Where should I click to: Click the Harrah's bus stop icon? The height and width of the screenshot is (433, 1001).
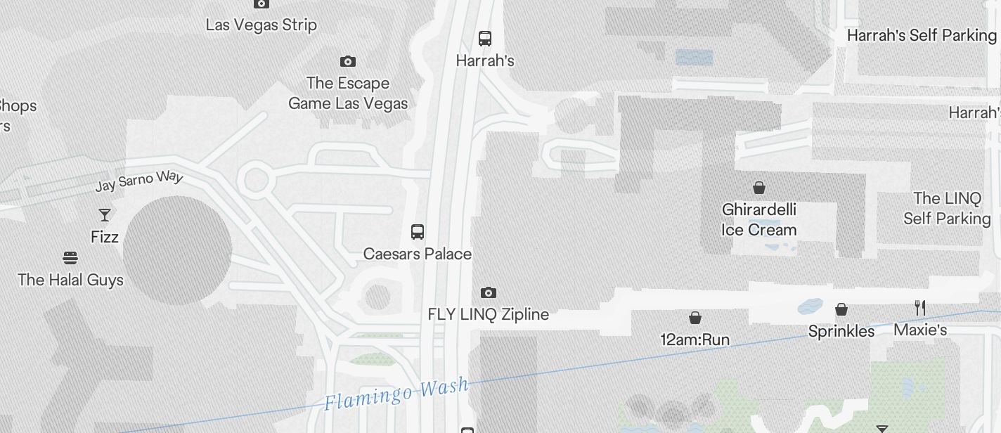[485, 39]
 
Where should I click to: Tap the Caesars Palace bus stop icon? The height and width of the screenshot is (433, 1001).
[418, 231]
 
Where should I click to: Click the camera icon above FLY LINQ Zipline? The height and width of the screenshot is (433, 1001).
[489, 292]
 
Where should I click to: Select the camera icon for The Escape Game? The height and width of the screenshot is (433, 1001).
[347, 62]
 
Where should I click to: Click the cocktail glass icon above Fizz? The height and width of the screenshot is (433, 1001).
[105, 215]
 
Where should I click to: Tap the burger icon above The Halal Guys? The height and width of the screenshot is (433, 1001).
[70, 258]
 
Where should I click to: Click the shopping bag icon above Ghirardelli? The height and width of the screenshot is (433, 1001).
[759, 188]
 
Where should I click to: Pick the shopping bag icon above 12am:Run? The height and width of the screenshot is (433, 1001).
[695, 318]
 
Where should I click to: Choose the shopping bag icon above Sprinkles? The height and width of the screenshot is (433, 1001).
[841, 309]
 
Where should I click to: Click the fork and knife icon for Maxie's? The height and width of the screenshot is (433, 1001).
[920, 308]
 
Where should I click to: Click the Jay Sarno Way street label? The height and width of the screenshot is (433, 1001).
[138, 181]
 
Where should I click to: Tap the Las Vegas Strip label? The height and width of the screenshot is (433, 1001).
[261, 25]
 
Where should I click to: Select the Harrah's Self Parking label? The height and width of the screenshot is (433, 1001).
[922, 35]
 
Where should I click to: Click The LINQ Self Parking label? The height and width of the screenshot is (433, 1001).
[946, 208]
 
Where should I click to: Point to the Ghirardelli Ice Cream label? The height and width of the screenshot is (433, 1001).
[759, 220]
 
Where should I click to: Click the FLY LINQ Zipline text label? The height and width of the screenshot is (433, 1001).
[489, 314]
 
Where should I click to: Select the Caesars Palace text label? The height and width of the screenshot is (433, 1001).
[418, 254]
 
